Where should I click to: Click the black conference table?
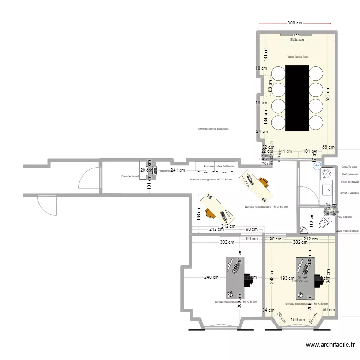[x=297, y=98]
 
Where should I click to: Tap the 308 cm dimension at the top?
[x=295, y=23]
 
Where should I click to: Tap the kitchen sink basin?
[x=326, y=190]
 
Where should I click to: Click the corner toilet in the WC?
[x=327, y=221]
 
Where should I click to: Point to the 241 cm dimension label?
[x=179, y=170]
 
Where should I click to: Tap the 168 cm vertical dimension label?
[x=199, y=214]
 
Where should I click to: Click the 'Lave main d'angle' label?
[x=348, y=231]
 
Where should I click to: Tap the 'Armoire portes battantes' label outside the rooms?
[x=213, y=129]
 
